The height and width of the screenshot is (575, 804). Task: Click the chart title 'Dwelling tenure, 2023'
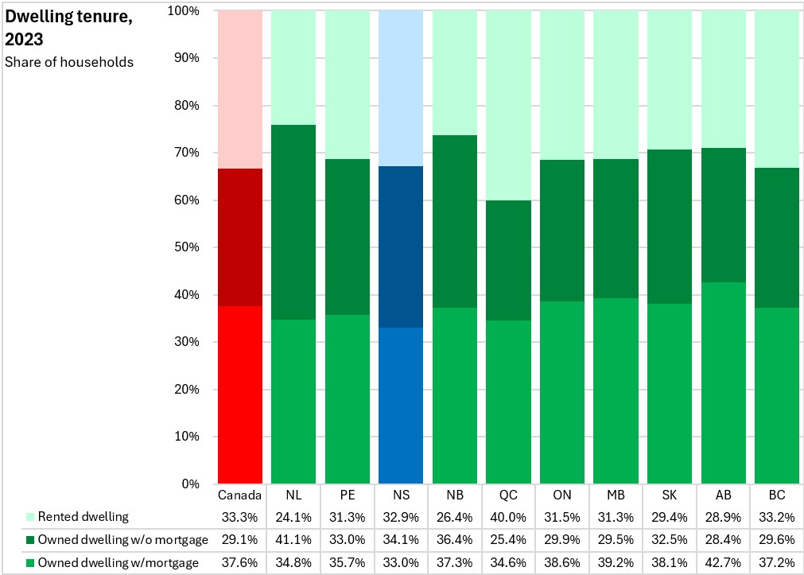(x=68, y=27)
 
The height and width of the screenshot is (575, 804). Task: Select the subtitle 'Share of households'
(x=69, y=62)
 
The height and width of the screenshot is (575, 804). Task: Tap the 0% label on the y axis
(x=191, y=484)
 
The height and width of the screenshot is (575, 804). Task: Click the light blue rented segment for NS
(x=401, y=88)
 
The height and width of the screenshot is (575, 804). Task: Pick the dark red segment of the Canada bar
(x=240, y=237)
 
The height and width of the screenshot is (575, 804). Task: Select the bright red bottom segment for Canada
(x=240, y=394)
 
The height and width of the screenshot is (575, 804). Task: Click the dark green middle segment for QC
(x=509, y=260)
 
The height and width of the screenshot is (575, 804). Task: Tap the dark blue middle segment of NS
(x=401, y=247)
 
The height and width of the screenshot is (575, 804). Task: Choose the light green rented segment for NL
(x=293, y=67)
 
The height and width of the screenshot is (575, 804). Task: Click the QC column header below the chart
(x=509, y=495)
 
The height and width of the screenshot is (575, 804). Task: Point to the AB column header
(x=724, y=495)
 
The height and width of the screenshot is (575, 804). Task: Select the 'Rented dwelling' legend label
(x=83, y=516)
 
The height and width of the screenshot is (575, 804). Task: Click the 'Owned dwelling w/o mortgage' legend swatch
(x=30, y=539)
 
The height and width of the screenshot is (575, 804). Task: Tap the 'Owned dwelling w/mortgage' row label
(x=118, y=563)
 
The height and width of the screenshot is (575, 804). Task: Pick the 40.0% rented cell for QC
(x=508, y=517)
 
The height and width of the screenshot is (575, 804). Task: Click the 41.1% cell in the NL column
(x=293, y=539)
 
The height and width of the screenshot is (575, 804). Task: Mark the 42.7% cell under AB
(x=723, y=563)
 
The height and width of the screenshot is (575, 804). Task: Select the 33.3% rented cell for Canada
(x=239, y=517)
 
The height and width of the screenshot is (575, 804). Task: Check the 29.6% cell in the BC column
(x=777, y=539)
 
